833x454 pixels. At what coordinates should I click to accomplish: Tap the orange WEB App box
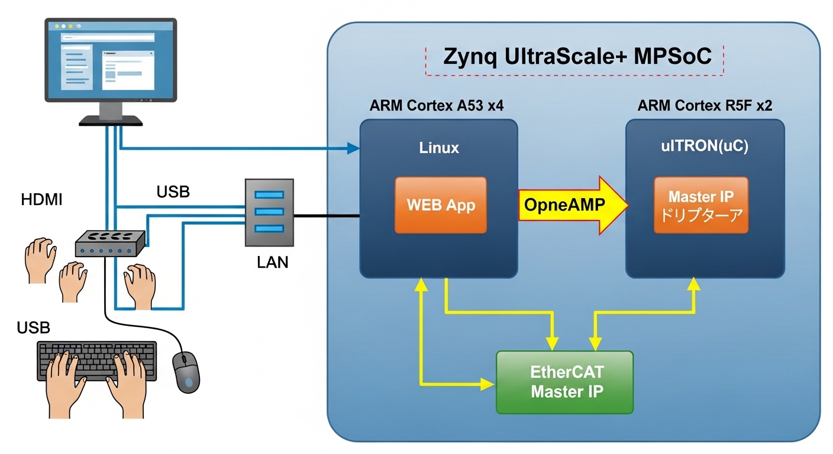[441, 205]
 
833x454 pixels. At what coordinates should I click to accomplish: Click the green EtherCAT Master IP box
[564, 382]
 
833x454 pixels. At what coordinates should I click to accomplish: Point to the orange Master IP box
[701, 205]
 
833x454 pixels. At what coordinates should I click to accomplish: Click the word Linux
[439, 148]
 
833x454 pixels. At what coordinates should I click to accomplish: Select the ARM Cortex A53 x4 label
[437, 106]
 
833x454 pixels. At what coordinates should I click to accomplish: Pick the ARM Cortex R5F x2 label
[705, 106]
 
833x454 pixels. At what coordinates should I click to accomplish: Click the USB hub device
[110, 242]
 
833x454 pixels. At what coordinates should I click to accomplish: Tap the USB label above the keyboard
[33, 327]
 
